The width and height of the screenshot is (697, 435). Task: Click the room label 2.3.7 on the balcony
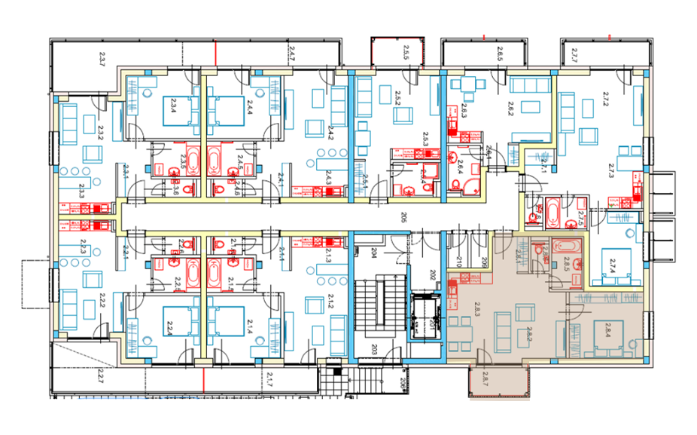tap(103, 56)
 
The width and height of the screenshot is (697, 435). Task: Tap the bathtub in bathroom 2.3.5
tap(192, 161)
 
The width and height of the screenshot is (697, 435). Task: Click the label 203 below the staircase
tap(375, 349)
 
